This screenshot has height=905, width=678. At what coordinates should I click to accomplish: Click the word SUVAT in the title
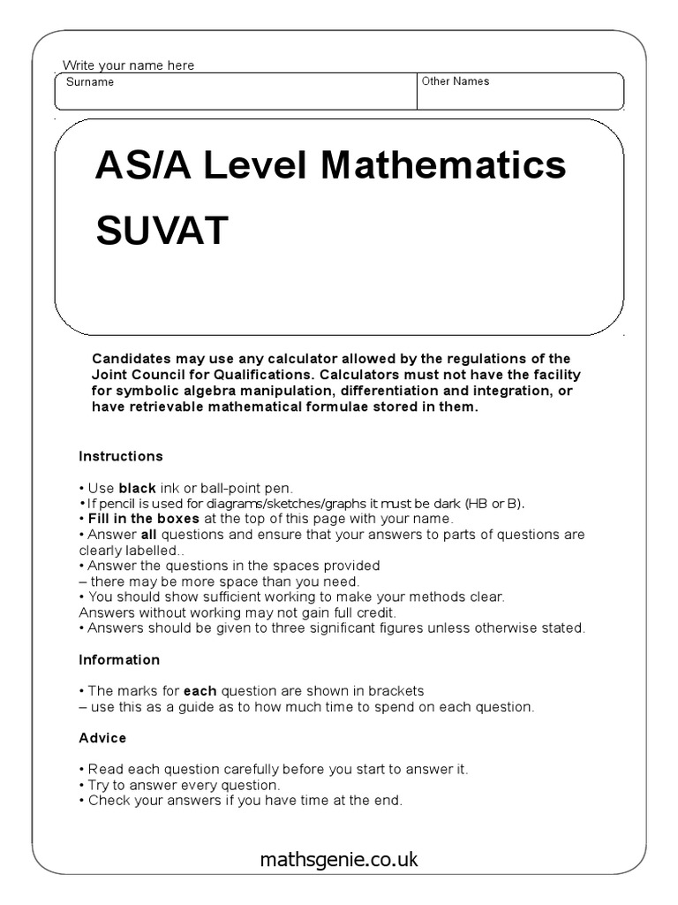(x=162, y=232)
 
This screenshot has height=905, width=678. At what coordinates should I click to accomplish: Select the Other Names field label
(x=456, y=81)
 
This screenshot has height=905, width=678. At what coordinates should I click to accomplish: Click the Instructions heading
(x=121, y=456)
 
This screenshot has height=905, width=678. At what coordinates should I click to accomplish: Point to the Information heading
(x=119, y=659)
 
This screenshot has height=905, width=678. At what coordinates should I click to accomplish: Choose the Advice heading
(x=102, y=737)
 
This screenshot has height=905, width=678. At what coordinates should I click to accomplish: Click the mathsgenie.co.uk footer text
(x=339, y=859)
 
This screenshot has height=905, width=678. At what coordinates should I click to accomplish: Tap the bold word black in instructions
(x=137, y=488)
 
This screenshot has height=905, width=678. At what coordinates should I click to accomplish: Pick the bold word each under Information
(x=200, y=690)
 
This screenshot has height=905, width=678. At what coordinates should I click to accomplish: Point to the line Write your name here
(x=129, y=65)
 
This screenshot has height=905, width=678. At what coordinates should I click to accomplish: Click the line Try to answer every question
(x=184, y=785)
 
